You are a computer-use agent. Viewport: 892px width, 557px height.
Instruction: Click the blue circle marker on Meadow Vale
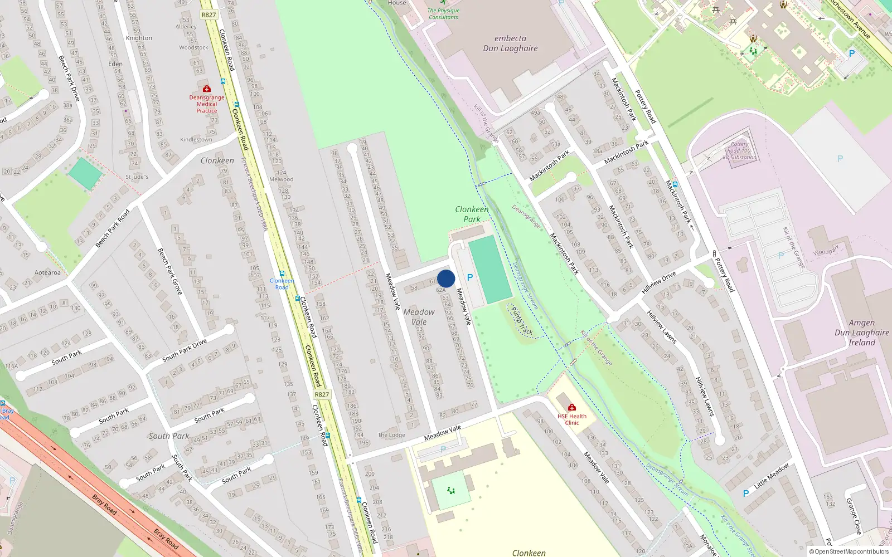(446, 278)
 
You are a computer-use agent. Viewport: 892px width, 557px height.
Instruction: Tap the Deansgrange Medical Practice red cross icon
(207, 89)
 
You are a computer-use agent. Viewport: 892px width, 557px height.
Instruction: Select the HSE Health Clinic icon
(571, 408)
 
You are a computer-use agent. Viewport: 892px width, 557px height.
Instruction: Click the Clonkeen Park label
(472, 214)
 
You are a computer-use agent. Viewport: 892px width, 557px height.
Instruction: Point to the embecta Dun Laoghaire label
(510, 43)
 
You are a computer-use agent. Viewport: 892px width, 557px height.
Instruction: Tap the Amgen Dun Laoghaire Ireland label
(862, 333)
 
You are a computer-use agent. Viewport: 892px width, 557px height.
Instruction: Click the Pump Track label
(522, 321)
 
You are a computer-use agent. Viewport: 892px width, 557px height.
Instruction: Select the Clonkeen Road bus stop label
(282, 284)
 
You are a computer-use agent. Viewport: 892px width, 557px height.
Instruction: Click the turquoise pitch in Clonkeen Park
(490, 270)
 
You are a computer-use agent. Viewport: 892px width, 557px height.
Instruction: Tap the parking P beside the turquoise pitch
(470, 277)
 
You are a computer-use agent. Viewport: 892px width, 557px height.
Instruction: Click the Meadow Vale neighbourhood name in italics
(419, 317)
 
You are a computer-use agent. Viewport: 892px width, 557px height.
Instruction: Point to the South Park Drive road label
(185, 350)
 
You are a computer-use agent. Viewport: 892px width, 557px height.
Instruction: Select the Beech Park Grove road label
(169, 271)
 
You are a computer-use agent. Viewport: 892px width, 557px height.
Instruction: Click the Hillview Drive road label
(658, 283)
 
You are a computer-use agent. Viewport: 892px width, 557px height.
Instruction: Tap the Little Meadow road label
(772, 476)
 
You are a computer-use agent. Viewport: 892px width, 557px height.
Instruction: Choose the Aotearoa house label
(47, 273)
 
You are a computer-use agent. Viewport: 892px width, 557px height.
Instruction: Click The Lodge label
(391, 435)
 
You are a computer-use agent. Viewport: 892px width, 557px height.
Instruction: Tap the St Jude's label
(137, 177)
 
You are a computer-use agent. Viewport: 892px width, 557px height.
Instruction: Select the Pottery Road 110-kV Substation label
(740, 150)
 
